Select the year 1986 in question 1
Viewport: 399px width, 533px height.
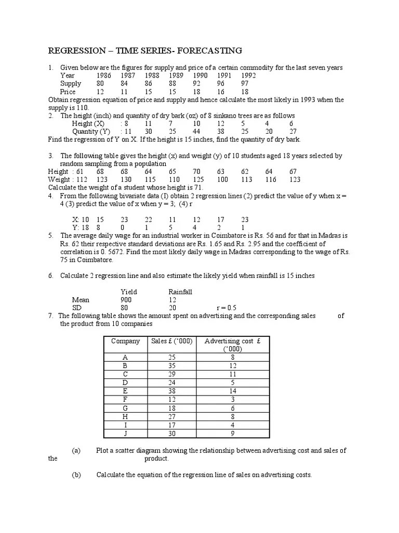104,75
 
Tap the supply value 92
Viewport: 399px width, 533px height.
197,83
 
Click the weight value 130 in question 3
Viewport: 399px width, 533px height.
125,180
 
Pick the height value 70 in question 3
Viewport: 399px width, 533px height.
196,172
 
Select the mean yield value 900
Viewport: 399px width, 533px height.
126,300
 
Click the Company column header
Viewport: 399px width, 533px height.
125,341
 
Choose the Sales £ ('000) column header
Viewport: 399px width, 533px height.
172,341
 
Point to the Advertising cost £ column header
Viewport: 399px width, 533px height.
229,341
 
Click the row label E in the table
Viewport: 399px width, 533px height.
125,390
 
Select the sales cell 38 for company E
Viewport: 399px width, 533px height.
172,390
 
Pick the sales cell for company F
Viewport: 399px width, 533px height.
172,399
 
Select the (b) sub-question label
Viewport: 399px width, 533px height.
76,475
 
